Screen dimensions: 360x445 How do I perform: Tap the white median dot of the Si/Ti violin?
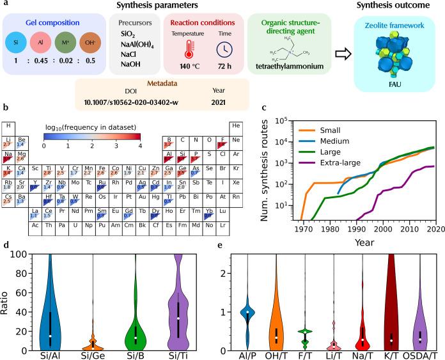click(178, 318)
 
